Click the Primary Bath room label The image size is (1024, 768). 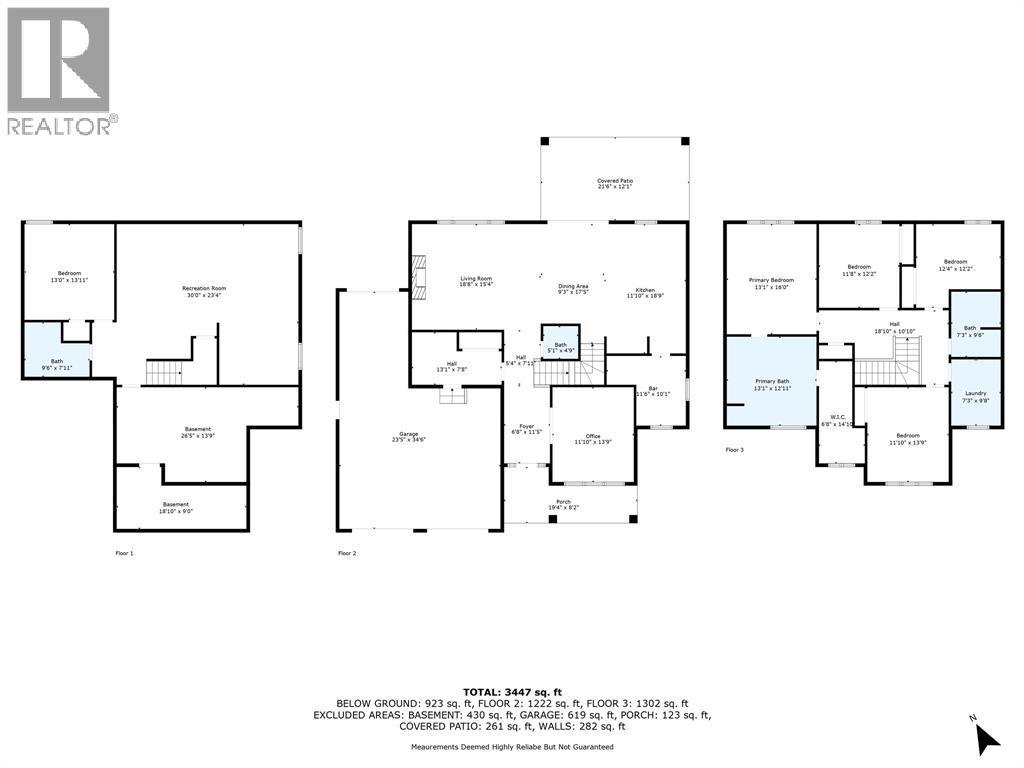(771, 384)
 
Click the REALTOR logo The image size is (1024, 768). (59, 70)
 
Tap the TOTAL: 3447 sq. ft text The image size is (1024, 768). (512, 691)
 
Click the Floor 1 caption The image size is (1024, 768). (124, 552)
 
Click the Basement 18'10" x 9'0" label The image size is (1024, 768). (176, 507)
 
